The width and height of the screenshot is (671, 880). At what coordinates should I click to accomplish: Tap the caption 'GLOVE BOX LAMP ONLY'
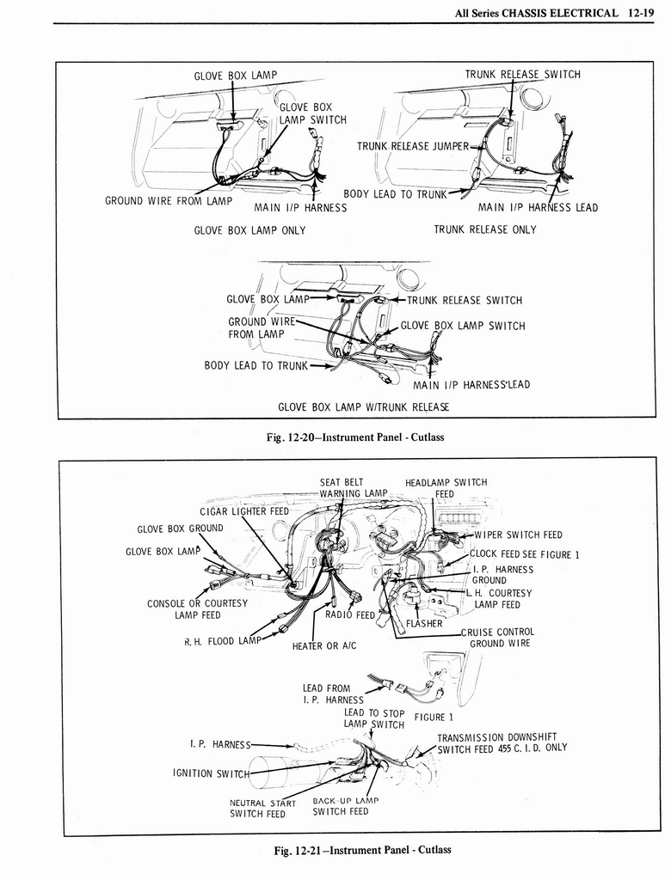249,230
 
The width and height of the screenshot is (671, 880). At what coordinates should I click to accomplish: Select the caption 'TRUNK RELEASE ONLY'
484,229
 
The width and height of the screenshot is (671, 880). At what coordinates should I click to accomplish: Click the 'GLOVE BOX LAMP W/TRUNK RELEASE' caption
363,406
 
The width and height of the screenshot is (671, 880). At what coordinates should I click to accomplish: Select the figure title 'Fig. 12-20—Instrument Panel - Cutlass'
356,437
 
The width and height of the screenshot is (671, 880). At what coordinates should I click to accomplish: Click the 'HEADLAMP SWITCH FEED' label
446,487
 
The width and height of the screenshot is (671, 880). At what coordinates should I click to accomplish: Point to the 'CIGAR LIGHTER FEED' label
244,511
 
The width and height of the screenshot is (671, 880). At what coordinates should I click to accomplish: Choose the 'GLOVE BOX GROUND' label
180,529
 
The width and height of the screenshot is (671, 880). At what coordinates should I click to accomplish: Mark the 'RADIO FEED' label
350,614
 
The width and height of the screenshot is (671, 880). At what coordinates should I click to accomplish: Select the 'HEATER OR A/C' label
324,645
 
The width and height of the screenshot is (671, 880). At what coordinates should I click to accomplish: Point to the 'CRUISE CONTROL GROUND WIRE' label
498,637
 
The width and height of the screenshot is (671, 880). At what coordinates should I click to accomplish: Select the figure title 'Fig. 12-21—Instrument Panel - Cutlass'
362,850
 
